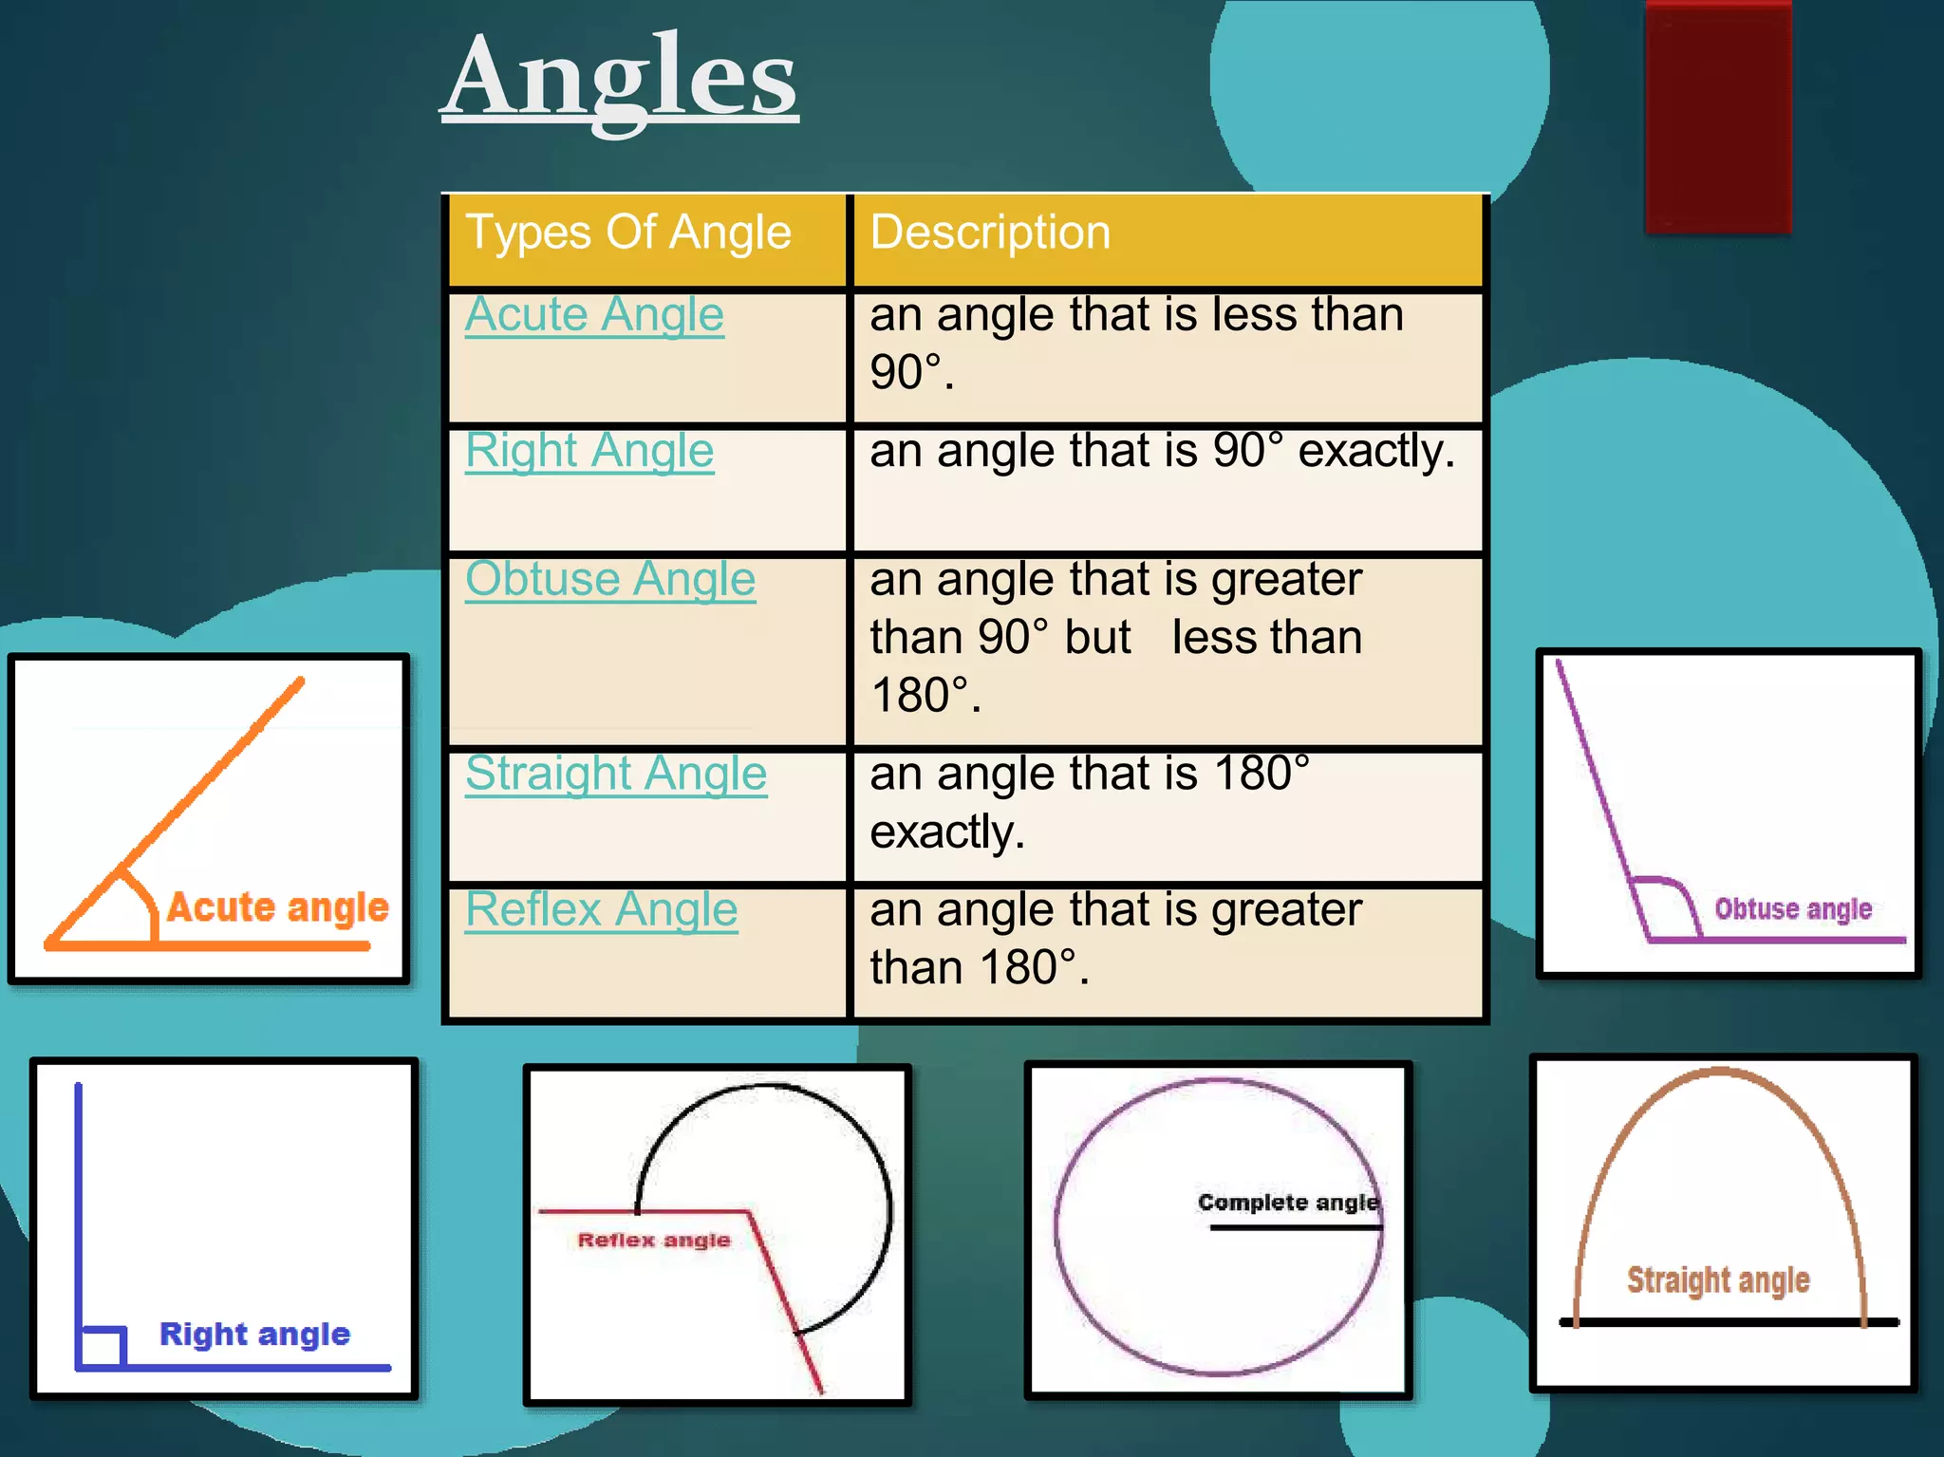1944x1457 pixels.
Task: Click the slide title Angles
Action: [x=621, y=76]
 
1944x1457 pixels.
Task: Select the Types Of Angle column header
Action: [x=627, y=233]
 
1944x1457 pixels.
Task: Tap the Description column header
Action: [x=990, y=233]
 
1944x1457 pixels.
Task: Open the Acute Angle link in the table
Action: [x=594, y=315]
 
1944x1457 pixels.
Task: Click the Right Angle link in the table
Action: [x=589, y=451]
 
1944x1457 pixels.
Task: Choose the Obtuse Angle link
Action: [x=609, y=580]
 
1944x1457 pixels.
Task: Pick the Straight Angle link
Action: [x=615, y=774]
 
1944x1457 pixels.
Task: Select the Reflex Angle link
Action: [x=601, y=910]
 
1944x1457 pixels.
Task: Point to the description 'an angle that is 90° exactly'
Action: [x=1162, y=452]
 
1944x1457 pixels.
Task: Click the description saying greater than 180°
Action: [x=1115, y=939]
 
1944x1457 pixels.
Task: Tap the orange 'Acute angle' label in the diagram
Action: [x=277, y=907]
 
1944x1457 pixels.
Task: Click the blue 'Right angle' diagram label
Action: [x=254, y=1334]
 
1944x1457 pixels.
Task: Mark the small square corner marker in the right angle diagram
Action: [x=103, y=1346]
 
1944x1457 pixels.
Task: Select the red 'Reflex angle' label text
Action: [x=654, y=1240]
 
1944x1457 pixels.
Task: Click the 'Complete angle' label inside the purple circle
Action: [x=1287, y=1203]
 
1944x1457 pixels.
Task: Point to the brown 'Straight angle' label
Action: [x=1718, y=1280]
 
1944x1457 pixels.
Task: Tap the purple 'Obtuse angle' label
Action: [x=1792, y=909]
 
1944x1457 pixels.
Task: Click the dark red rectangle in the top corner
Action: [x=1718, y=116]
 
